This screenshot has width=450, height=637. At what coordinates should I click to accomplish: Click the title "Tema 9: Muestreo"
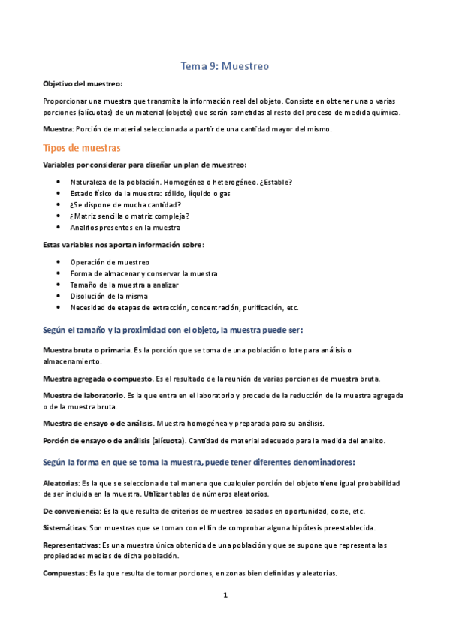[x=225, y=66]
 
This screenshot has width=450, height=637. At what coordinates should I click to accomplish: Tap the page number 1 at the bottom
[x=225, y=596]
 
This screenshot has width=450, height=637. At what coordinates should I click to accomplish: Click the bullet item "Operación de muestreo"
[x=110, y=262]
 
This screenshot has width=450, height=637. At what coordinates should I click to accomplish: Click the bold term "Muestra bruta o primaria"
[x=86, y=350]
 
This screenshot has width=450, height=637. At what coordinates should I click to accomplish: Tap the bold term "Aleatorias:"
[x=62, y=482]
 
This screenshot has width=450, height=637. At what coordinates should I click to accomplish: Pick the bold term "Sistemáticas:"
[x=65, y=527]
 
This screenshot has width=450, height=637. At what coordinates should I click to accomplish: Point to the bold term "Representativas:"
[x=73, y=545]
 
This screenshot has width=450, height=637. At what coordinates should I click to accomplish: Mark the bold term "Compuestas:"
[x=65, y=573]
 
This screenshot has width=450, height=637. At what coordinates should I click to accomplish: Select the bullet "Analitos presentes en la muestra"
[x=125, y=228]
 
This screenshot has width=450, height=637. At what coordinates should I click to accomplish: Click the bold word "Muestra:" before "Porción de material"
[x=59, y=129]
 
